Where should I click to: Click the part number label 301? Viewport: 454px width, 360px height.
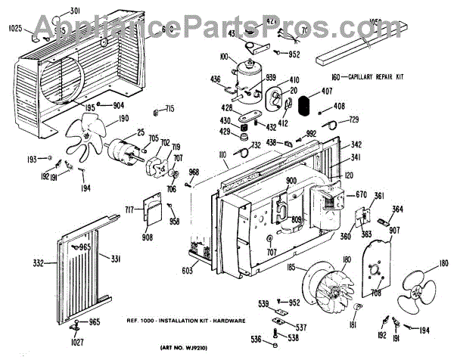[x=74, y=11]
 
